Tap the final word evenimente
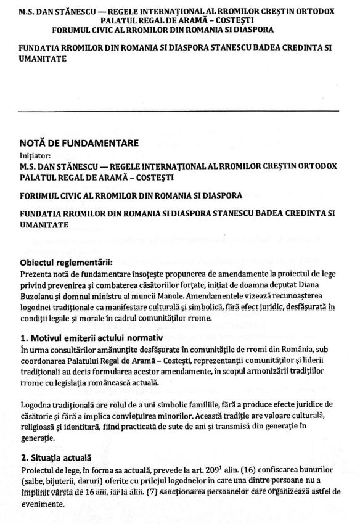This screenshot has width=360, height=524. (x=43, y=502)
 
